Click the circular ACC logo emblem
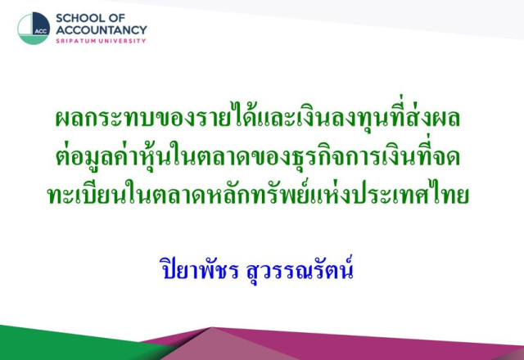[34, 29]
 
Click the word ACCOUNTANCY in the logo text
[102, 29]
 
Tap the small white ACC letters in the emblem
[40, 32]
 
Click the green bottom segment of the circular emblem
[33, 40]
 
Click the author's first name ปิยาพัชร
[200, 269]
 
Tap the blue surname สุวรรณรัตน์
[300, 269]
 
